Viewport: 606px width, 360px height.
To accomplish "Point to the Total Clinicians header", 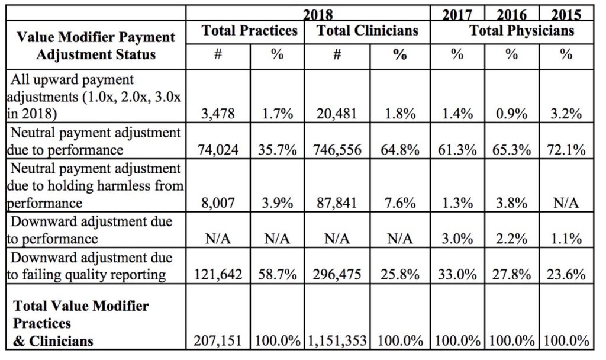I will click(x=367, y=31).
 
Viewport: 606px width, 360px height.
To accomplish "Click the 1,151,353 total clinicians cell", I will click(x=338, y=340).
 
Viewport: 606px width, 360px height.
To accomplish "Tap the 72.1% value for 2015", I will click(x=566, y=150).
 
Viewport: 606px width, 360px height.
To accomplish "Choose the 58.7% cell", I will click(x=278, y=274).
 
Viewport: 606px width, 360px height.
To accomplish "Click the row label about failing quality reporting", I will click(x=95, y=266).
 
